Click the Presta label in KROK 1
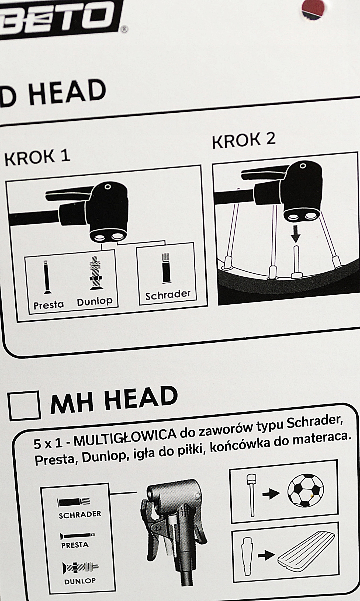click(49, 305)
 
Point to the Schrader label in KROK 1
click(168, 295)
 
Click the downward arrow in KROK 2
click(296, 234)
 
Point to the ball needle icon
click(251, 495)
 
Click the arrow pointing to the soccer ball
click(271, 493)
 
